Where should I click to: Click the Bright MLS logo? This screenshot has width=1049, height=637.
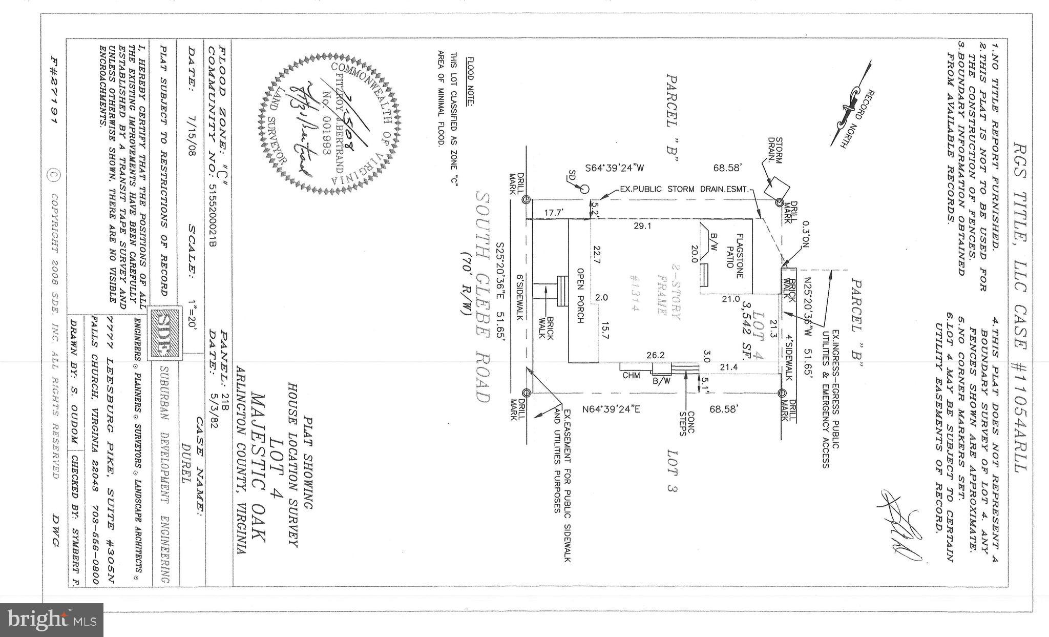pos(52,620)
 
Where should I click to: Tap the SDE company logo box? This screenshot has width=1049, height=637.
pos(164,332)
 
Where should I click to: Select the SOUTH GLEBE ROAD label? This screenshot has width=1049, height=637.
pos(482,298)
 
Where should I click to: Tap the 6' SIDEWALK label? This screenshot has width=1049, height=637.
pos(519,298)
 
